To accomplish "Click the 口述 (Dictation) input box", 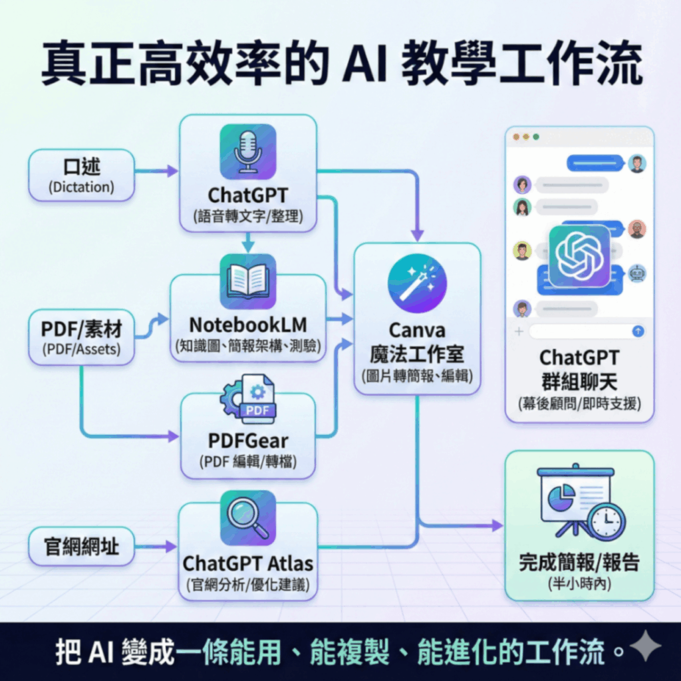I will pyautogui.click(x=81, y=175).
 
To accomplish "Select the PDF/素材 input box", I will pyautogui.click(x=81, y=337).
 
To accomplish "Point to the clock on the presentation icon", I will pyautogui.click(x=606, y=521).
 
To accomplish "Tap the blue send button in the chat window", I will pyautogui.click(x=637, y=331).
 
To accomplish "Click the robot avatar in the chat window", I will pyautogui.click(x=637, y=273).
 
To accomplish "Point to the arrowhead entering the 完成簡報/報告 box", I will pyautogui.click(x=497, y=525).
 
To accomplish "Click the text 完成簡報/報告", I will pyautogui.click(x=579, y=563).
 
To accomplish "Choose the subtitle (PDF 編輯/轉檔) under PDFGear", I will pyautogui.click(x=248, y=462).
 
